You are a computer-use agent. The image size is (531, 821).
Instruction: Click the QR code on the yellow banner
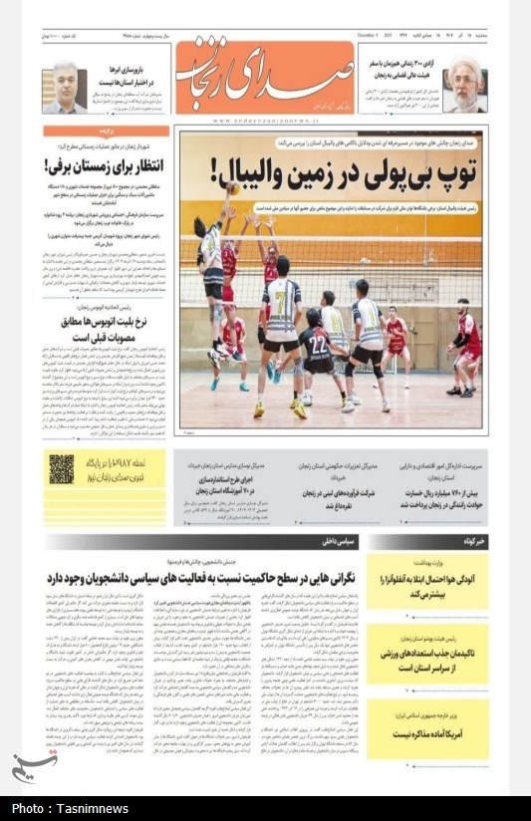coord(62,468)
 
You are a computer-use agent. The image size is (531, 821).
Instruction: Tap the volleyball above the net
coord(232,187)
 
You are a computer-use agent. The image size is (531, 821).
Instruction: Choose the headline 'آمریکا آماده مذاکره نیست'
coord(429,733)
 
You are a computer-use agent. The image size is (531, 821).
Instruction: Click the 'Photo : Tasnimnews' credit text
coord(70,808)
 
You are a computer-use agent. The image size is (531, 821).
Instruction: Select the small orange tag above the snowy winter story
coord(106,131)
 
